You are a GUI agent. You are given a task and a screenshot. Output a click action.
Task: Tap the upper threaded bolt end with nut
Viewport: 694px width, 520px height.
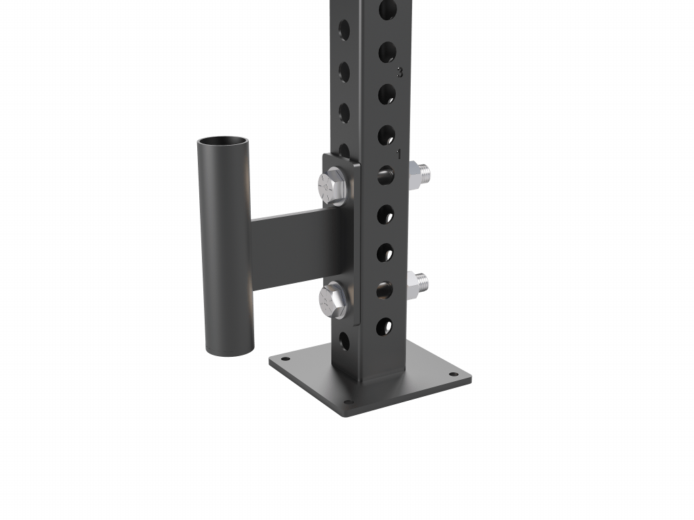click(x=421, y=174)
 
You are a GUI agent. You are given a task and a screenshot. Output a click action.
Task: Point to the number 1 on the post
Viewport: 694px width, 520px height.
click(x=399, y=154)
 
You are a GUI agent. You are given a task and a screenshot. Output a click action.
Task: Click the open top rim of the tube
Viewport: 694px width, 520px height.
click(x=222, y=142)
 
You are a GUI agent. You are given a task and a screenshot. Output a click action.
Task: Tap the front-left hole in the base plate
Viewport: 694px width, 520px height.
click(x=285, y=360)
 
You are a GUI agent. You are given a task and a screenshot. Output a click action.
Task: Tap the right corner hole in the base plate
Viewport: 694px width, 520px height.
click(x=449, y=374)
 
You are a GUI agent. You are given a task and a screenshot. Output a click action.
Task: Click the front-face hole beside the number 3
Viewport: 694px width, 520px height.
click(x=387, y=52)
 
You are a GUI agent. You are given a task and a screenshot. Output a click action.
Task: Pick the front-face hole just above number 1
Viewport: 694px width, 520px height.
click(x=386, y=135)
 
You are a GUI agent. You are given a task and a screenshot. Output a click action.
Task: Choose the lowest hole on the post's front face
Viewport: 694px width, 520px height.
click(x=385, y=327)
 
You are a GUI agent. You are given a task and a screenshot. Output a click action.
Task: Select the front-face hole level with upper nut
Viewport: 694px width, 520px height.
click(x=386, y=175)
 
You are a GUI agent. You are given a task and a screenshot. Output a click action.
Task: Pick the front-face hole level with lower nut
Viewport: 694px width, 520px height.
click(x=385, y=290)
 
